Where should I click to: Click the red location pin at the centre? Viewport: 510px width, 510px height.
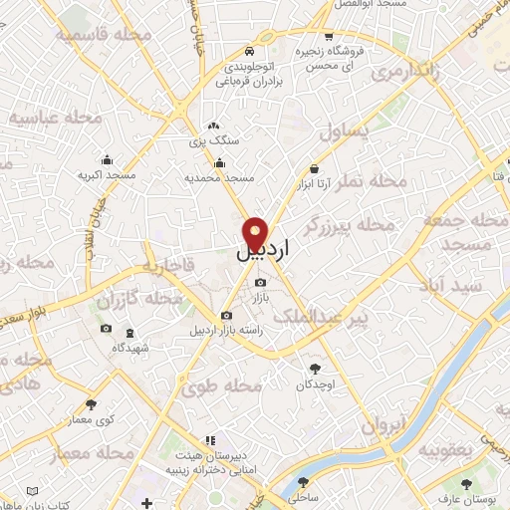[257, 232]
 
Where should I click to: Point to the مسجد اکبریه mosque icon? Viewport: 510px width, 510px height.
[108, 159]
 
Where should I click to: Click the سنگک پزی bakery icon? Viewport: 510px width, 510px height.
[211, 127]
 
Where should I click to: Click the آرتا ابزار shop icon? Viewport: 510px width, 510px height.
[315, 169]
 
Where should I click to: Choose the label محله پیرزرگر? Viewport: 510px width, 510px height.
[353, 228]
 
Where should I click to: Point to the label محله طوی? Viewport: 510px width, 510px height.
[230, 384]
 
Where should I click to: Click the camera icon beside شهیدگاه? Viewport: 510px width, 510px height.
[106, 329]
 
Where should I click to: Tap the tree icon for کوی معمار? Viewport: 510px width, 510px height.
[93, 403]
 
